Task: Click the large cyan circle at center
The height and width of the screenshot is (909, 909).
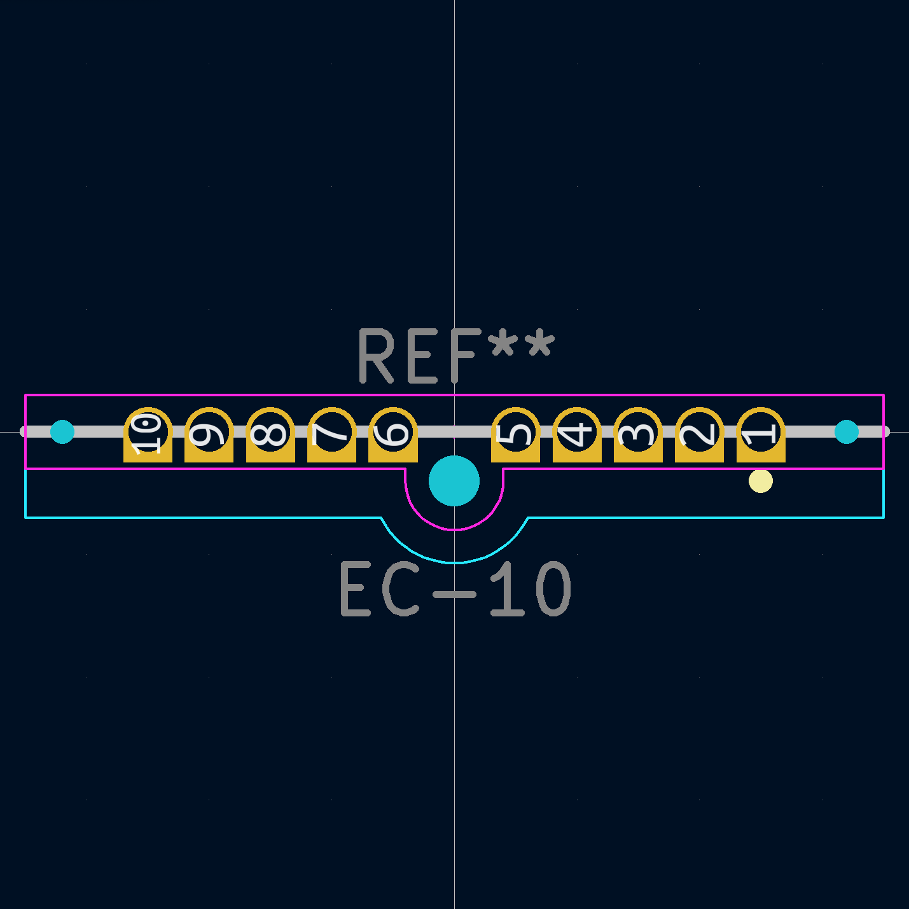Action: [x=454, y=481]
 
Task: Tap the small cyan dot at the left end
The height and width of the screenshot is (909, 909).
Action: [x=62, y=432]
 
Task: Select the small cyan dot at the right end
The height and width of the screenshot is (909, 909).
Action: [x=846, y=432]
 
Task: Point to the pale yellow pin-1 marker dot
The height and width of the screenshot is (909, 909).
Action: [x=761, y=481]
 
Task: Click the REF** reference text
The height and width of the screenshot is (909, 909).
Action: [x=455, y=356]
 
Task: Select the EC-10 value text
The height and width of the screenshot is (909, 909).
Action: [x=455, y=589]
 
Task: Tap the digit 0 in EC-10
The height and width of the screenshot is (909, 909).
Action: [x=553, y=589]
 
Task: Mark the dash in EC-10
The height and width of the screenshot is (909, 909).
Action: [x=454, y=595]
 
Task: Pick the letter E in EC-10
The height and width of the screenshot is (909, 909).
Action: [x=355, y=589]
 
